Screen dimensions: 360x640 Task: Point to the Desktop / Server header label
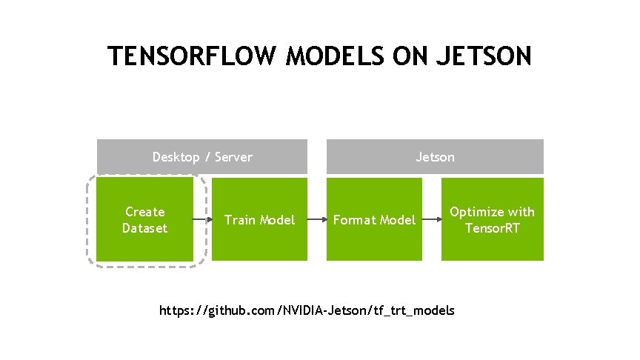click(x=202, y=157)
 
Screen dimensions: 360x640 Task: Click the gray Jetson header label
click(x=436, y=157)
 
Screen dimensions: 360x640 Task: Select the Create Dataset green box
click(x=144, y=219)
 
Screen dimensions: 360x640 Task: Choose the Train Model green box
click(x=259, y=219)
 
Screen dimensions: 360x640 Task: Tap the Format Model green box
click(x=375, y=219)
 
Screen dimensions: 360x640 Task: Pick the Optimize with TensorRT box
click(x=493, y=219)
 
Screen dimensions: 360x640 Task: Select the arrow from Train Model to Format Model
click(x=317, y=219)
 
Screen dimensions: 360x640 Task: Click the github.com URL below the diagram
click(x=307, y=310)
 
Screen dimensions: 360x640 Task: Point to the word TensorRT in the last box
click(x=493, y=228)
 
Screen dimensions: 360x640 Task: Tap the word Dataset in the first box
click(x=145, y=228)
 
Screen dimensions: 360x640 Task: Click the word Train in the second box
click(x=239, y=220)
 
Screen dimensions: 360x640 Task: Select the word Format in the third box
click(x=353, y=220)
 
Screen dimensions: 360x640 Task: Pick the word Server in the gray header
click(x=234, y=157)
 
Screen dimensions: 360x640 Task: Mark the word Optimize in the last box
click(x=476, y=212)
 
